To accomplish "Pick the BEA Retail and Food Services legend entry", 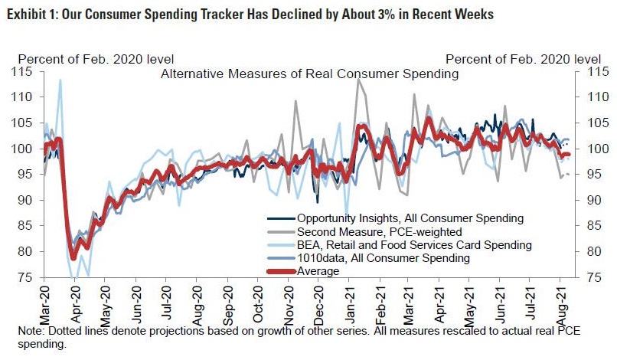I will [x=399, y=245].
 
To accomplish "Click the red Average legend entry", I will [x=307, y=270].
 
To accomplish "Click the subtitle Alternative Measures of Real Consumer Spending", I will [x=309, y=74].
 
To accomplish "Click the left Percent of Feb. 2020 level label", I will [x=96, y=59].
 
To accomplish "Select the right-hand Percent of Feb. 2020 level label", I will [x=523, y=59].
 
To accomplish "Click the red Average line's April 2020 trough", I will [x=73, y=257].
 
